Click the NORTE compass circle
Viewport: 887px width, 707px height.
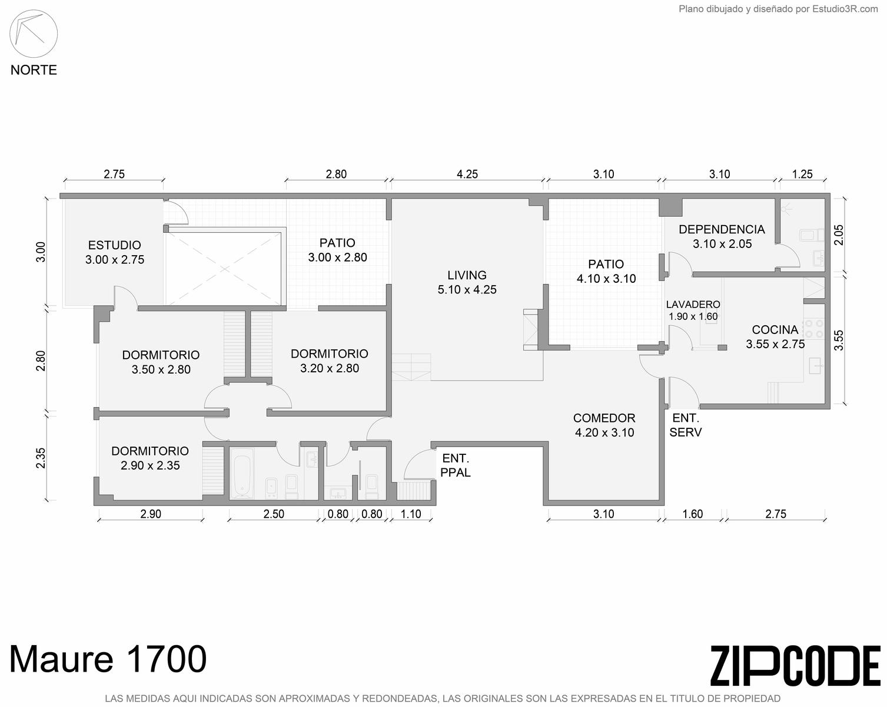click(x=34, y=11)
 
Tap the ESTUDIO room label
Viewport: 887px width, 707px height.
click(x=115, y=245)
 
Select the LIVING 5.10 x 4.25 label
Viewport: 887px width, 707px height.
click(x=467, y=282)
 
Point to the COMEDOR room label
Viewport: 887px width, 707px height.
click(x=604, y=418)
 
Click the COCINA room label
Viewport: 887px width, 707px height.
click(x=775, y=330)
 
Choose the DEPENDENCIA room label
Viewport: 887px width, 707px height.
click(x=722, y=229)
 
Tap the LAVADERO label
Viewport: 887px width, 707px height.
click(x=693, y=305)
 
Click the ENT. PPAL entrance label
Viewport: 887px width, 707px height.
click(x=456, y=465)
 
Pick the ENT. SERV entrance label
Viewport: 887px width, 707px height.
click(x=686, y=425)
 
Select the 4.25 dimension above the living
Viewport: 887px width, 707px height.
click(x=467, y=174)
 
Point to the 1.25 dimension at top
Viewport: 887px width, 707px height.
click(x=802, y=174)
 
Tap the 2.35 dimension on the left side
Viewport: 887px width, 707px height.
click(x=41, y=458)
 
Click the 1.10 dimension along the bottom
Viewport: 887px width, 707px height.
click(x=411, y=514)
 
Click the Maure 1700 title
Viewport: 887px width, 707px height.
click(x=108, y=659)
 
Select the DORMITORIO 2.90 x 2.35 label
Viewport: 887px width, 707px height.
click(x=150, y=458)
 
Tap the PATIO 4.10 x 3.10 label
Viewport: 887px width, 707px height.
click(x=606, y=271)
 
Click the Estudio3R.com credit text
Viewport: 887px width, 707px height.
click(x=845, y=9)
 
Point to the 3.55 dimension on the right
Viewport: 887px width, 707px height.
click(x=839, y=341)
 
